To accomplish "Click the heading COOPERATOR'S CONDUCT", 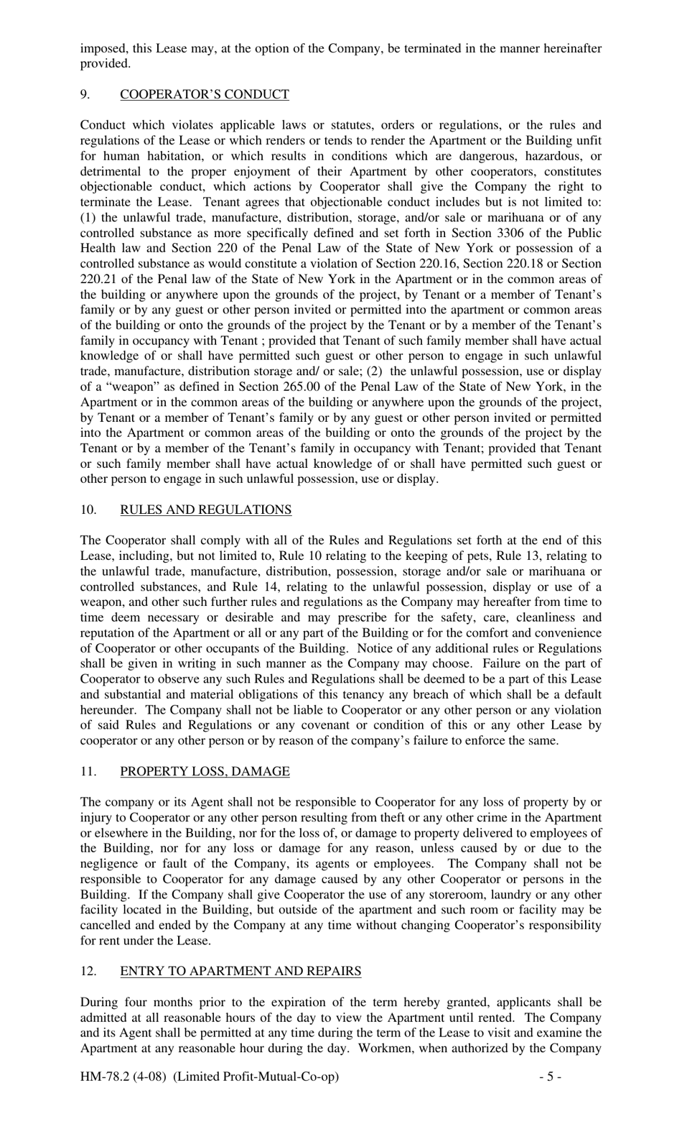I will click(x=204, y=94).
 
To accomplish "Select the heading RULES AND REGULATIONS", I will click(x=205, y=510).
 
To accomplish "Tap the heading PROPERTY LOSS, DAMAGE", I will click(x=205, y=771).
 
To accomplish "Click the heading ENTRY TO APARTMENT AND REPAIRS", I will click(x=240, y=971).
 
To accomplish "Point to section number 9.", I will click(x=85, y=94).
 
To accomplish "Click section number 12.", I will click(x=88, y=971).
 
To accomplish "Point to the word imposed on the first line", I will click(x=101, y=48).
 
